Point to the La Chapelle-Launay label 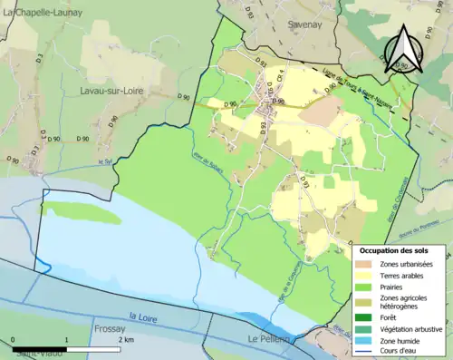point(43,9)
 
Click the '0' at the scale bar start point(14,338)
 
